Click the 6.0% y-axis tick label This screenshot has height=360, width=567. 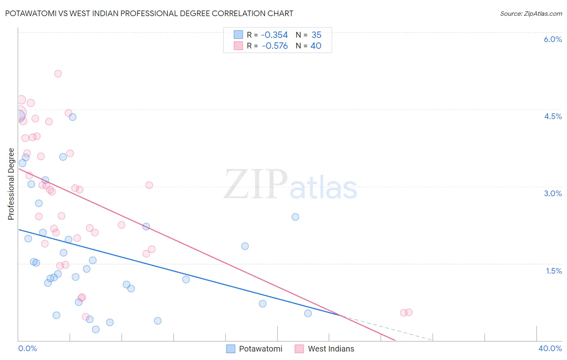click(552, 39)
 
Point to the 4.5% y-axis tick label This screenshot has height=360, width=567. click(552, 116)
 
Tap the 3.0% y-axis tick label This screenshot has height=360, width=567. click(552, 193)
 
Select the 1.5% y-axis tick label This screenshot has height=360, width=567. click(554, 271)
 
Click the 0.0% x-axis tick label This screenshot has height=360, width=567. click(27, 348)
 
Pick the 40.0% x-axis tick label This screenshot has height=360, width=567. click(550, 348)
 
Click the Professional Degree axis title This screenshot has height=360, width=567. click(11, 184)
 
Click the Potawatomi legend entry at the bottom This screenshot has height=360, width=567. click(260, 349)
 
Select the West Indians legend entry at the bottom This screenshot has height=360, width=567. click(331, 349)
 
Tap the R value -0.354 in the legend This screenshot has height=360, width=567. click(275, 35)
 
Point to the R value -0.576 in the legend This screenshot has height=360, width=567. click(275, 46)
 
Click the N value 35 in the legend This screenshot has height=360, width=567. click(316, 35)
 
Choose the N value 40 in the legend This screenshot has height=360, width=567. click(316, 46)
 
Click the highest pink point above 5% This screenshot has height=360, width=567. click(58, 73)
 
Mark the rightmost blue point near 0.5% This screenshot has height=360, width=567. click(308, 313)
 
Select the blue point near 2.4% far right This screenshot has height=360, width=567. click(295, 217)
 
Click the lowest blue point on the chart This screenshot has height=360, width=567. click(96, 329)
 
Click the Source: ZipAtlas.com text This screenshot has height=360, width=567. click(531, 14)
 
